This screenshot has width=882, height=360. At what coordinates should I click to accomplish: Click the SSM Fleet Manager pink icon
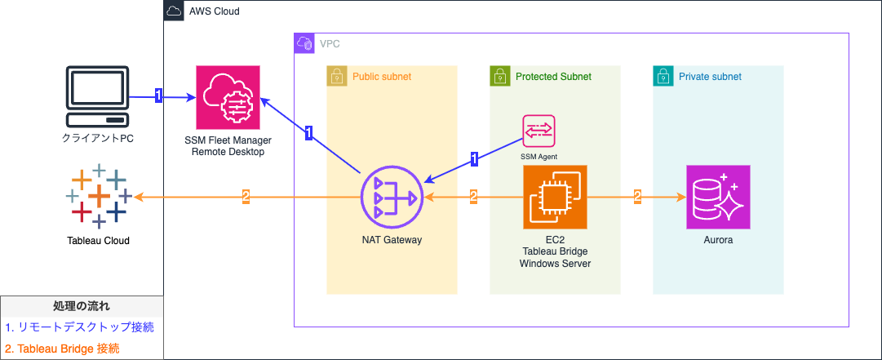228,97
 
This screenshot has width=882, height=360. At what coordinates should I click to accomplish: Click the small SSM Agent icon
539,131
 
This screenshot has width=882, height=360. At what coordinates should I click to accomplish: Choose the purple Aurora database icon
718,198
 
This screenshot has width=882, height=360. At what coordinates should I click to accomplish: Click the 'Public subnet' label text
382,77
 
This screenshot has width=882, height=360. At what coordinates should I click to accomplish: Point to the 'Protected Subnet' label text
553,77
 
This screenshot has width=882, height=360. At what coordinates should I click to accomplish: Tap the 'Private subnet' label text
710,77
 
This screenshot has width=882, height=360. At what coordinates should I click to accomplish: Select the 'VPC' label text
330,43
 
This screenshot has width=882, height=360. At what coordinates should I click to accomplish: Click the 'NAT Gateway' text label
392,241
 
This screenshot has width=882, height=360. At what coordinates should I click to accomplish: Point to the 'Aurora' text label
718,241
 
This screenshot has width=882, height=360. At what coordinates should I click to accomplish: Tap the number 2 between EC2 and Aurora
638,197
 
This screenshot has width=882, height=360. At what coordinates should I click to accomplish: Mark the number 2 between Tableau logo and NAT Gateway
246,197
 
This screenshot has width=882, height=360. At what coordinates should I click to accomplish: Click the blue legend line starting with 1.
79,327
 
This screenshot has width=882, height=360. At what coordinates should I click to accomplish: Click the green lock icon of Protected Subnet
499,77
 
